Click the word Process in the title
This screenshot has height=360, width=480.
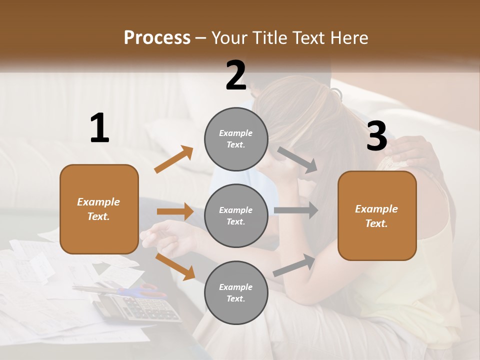(157, 37)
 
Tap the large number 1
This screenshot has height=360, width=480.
(99, 128)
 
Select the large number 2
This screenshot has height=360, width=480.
(236, 75)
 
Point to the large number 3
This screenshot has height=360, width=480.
(376, 136)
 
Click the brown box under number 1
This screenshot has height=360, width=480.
(99, 209)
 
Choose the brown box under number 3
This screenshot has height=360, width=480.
(377, 215)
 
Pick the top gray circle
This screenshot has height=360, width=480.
(236, 139)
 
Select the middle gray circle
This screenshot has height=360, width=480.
(236, 215)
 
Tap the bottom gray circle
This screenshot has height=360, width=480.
(236, 292)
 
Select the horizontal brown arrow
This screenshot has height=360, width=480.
(175, 211)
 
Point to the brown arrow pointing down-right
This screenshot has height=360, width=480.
(175, 266)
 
